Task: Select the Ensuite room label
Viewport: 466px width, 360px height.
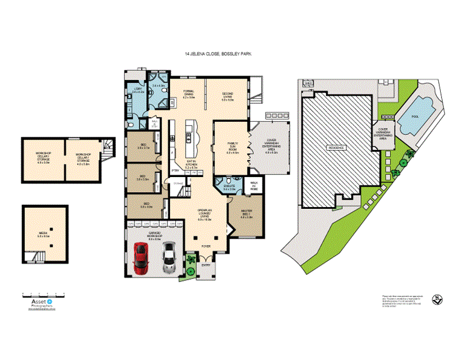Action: click(x=229, y=187)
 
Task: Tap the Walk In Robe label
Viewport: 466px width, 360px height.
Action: click(x=253, y=184)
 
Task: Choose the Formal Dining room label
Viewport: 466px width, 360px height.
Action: click(x=189, y=94)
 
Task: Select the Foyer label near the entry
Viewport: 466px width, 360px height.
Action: click(x=205, y=245)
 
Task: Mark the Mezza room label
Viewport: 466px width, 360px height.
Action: click(x=43, y=236)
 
